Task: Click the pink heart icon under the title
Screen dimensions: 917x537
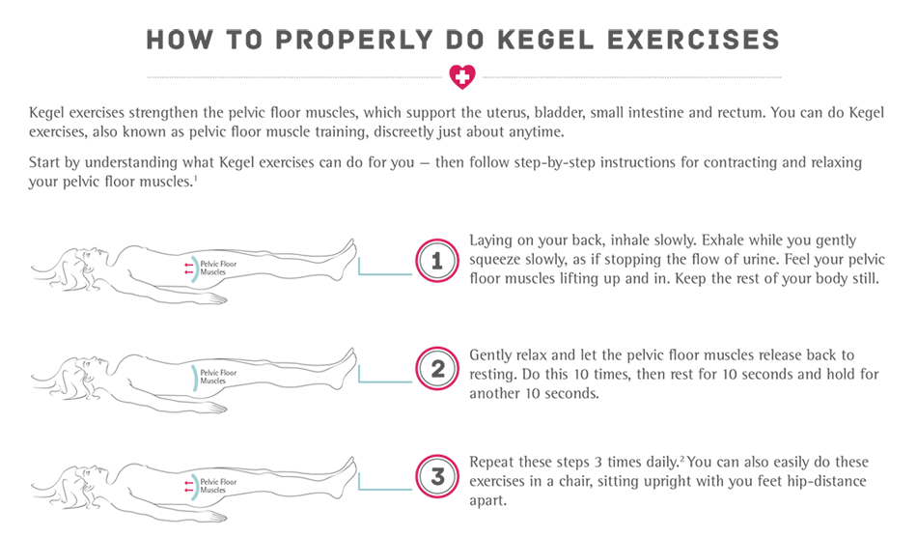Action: (462, 76)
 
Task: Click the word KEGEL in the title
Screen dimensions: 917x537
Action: (545, 40)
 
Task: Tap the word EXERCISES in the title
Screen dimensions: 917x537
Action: (693, 40)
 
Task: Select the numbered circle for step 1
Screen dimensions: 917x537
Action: (437, 261)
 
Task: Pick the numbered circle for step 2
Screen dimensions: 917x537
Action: (437, 369)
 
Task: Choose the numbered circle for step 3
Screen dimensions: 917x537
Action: (437, 476)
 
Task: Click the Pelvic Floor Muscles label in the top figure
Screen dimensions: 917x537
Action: (218, 268)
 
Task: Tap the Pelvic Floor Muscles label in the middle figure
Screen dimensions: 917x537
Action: (218, 377)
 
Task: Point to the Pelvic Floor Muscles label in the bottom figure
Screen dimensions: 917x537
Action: (218, 486)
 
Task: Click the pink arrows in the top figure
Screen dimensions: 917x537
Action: (188, 268)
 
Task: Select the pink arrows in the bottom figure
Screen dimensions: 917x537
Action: (188, 487)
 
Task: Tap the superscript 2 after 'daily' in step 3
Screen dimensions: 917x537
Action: (681, 459)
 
